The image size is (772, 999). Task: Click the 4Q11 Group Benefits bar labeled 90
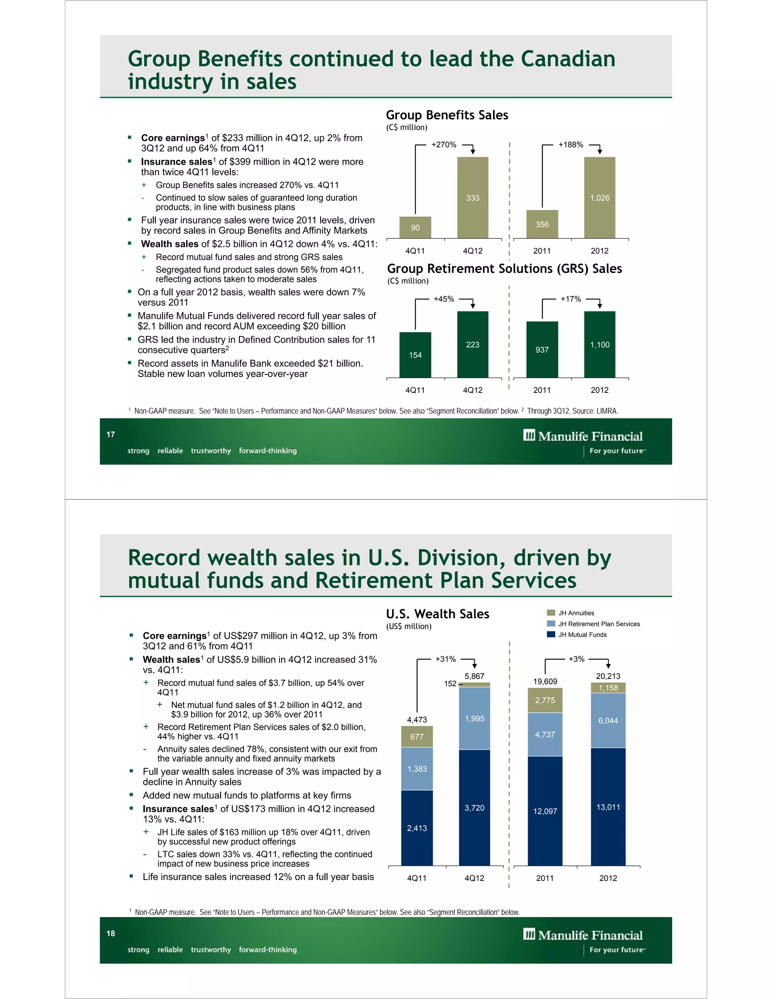(x=415, y=227)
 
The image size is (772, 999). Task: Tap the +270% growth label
(x=444, y=144)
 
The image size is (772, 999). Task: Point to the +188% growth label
(x=570, y=144)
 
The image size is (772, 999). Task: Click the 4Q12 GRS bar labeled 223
(x=472, y=345)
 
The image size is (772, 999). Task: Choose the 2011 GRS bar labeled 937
(x=542, y=349)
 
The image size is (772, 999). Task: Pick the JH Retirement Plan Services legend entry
(x=598, y=624)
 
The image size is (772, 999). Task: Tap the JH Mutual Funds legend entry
(x=582, y=634)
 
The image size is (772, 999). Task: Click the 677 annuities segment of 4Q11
(x=417, y=737)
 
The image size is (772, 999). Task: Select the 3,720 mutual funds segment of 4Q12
(x=474, y=808)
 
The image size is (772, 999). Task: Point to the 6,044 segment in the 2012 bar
(x=608, y=720)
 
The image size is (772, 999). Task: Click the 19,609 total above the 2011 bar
(x=545, y=681)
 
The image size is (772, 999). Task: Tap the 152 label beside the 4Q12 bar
(x=450, y=683)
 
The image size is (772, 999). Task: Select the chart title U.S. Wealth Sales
(x=437, y=614)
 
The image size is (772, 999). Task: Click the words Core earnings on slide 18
(x=174, y=636)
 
